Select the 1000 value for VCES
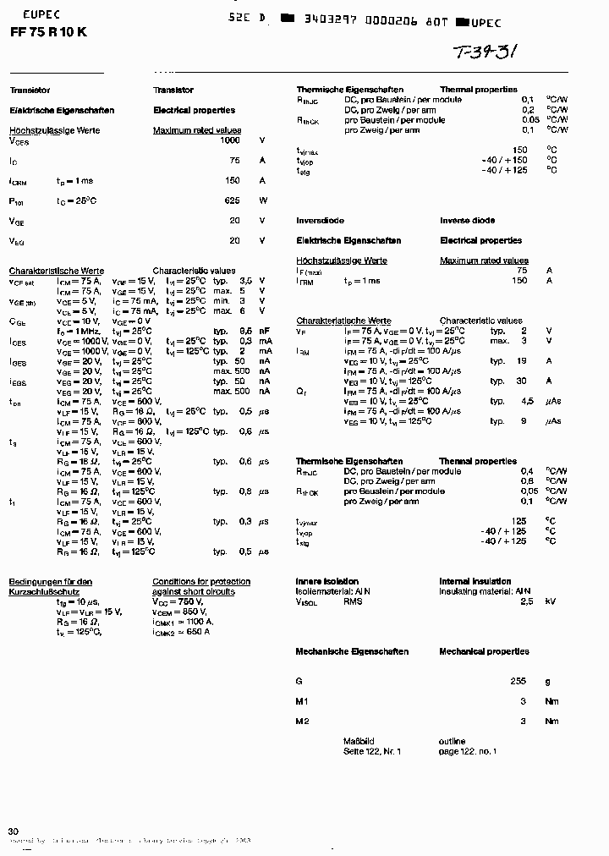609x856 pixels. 229,140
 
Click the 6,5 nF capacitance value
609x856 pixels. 246,331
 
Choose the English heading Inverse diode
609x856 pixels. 467,221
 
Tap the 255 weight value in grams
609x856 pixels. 518,681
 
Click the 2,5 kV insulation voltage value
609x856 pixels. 526,601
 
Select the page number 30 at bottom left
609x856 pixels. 13,831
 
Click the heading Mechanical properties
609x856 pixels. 484,651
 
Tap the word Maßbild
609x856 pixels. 359,741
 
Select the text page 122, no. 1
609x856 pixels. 468,751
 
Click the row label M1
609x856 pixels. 302,701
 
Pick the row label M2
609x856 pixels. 302,722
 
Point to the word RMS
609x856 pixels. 353,601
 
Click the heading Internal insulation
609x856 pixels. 475,581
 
